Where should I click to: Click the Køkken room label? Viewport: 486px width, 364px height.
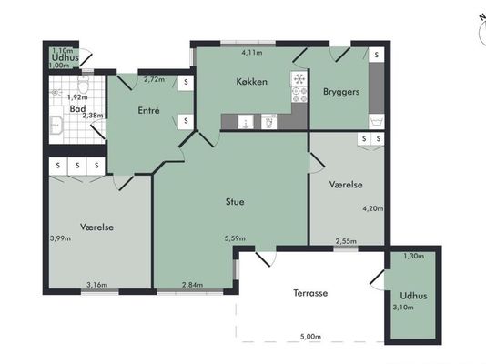coord(252,82)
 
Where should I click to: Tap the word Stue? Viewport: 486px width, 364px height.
coord(235,202)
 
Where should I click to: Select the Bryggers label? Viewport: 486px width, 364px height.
coord(341,92)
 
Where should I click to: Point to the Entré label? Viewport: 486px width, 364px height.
coord(148,111)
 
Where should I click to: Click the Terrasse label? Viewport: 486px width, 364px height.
coord(310,293)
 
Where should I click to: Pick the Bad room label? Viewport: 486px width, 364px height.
coord(77,109)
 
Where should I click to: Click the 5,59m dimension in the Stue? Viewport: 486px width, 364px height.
coord(235,238)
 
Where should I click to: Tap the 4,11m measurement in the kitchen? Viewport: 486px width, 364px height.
coord(252,53)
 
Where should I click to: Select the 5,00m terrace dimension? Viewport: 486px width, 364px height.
coord(310,337)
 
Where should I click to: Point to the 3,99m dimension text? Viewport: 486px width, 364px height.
coord(60,238)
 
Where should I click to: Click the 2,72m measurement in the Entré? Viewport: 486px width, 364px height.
coord(155,79)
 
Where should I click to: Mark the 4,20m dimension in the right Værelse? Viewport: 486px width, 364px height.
coord(373,208)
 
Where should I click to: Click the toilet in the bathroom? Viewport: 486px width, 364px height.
coord(83,84)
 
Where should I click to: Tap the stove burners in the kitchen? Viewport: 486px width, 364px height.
coord(299,95)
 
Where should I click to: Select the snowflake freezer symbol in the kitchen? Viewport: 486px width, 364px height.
coord(299,79)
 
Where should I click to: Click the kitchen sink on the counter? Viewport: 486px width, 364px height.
coord(246,122)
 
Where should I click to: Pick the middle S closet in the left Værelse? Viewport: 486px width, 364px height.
coord(77,166)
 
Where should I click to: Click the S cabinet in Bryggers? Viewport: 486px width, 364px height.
coord(377,56)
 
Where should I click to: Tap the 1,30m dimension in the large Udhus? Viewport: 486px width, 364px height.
coord(414,256)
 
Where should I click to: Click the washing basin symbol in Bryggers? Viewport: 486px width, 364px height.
coord(377,121)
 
